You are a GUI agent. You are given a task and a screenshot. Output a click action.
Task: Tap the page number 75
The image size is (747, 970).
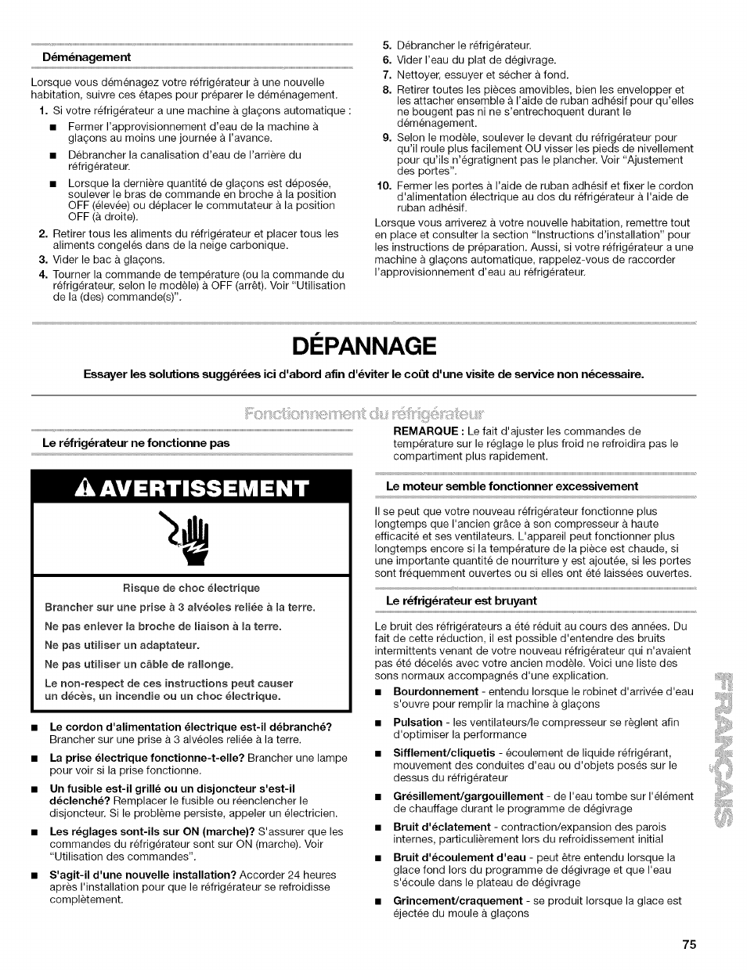pyautogui.click(x=688, y=944)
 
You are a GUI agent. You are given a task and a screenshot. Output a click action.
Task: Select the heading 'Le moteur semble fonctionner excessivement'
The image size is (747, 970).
pyautogui.click(x=512, y=486)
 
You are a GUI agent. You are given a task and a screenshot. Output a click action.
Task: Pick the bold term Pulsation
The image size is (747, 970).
pyautogui.click(x=417, y=722)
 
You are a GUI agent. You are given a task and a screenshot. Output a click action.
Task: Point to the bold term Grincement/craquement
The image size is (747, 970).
pyautogui.click(x=457, y=900)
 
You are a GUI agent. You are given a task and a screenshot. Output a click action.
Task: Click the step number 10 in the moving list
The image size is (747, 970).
pyautogui.click(x=383, y=186)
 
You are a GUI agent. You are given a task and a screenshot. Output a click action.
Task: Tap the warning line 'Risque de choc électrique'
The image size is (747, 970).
pyautogui.click(x=191, y=588)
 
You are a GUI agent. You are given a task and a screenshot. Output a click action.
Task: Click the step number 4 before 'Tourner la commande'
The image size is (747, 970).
pyautogui.click(x=43, y=275)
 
